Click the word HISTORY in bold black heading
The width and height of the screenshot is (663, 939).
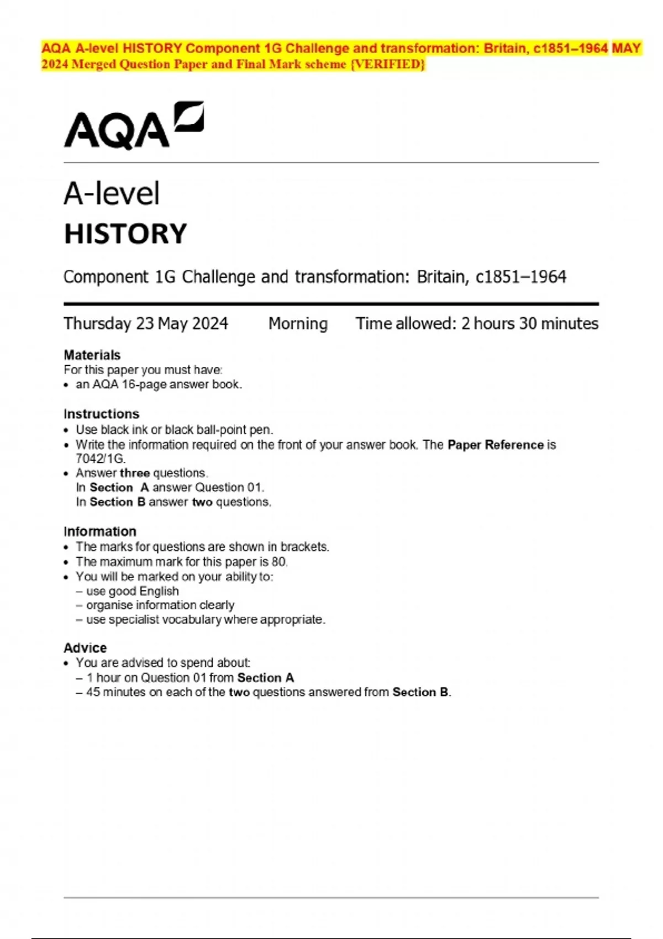[x=125, y=234]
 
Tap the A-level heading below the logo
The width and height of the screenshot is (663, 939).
[x=112, y=194]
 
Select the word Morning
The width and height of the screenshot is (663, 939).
[x=298, y=324]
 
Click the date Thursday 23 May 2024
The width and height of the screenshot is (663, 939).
[x=146, y=324]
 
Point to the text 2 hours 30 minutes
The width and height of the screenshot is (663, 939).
[x=530, y=324]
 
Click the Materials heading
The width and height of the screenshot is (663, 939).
[x=92, y=355]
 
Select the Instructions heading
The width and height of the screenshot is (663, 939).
[x=101, y=414]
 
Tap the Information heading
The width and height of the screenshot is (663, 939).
[x=99, y=531]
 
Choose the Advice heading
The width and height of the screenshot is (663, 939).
[x=85, y=648]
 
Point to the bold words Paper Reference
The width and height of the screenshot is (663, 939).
[x=496, y=445]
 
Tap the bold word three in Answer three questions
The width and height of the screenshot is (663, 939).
[x=135, y=473]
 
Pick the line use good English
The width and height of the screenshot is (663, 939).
[x=132, y=592]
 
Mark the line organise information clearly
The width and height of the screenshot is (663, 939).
[x=160, y=606]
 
